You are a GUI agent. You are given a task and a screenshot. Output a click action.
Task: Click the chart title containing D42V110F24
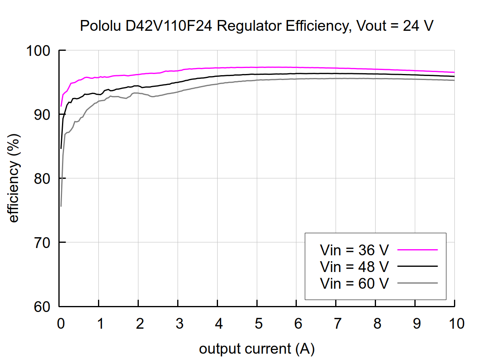coord(257,26)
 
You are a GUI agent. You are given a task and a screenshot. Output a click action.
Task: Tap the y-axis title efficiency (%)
coord(14,178)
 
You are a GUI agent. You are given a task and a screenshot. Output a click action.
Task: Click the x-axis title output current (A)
coord(257,349)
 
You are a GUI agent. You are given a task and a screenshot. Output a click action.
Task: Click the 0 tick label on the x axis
coord(60,323)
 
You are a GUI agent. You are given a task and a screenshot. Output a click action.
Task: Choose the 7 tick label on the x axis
coord(336,323)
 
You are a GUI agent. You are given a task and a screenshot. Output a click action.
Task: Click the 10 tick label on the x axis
coord(454,323)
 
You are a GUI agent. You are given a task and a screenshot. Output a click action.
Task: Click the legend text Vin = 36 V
coord(354,250)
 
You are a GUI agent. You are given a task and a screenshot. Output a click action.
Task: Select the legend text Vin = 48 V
coord(354,266)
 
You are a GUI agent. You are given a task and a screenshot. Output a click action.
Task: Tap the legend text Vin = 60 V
coord(354,283)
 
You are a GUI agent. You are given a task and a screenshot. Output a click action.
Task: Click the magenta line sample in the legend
coord(418,250)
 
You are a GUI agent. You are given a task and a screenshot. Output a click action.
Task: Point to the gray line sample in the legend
coord(418,283)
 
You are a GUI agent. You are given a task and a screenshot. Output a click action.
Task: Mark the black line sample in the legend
coord(418,266)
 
